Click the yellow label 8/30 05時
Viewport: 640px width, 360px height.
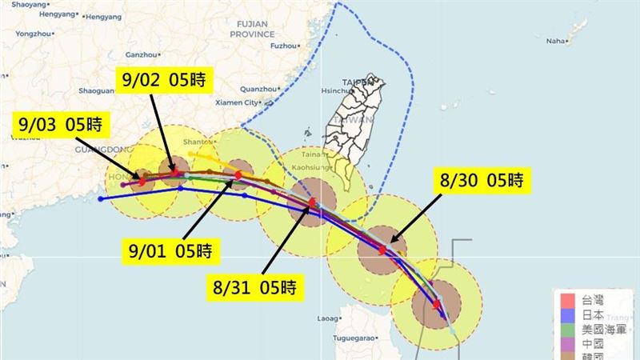coord(482,181)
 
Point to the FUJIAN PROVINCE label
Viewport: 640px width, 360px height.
coord(253,29)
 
